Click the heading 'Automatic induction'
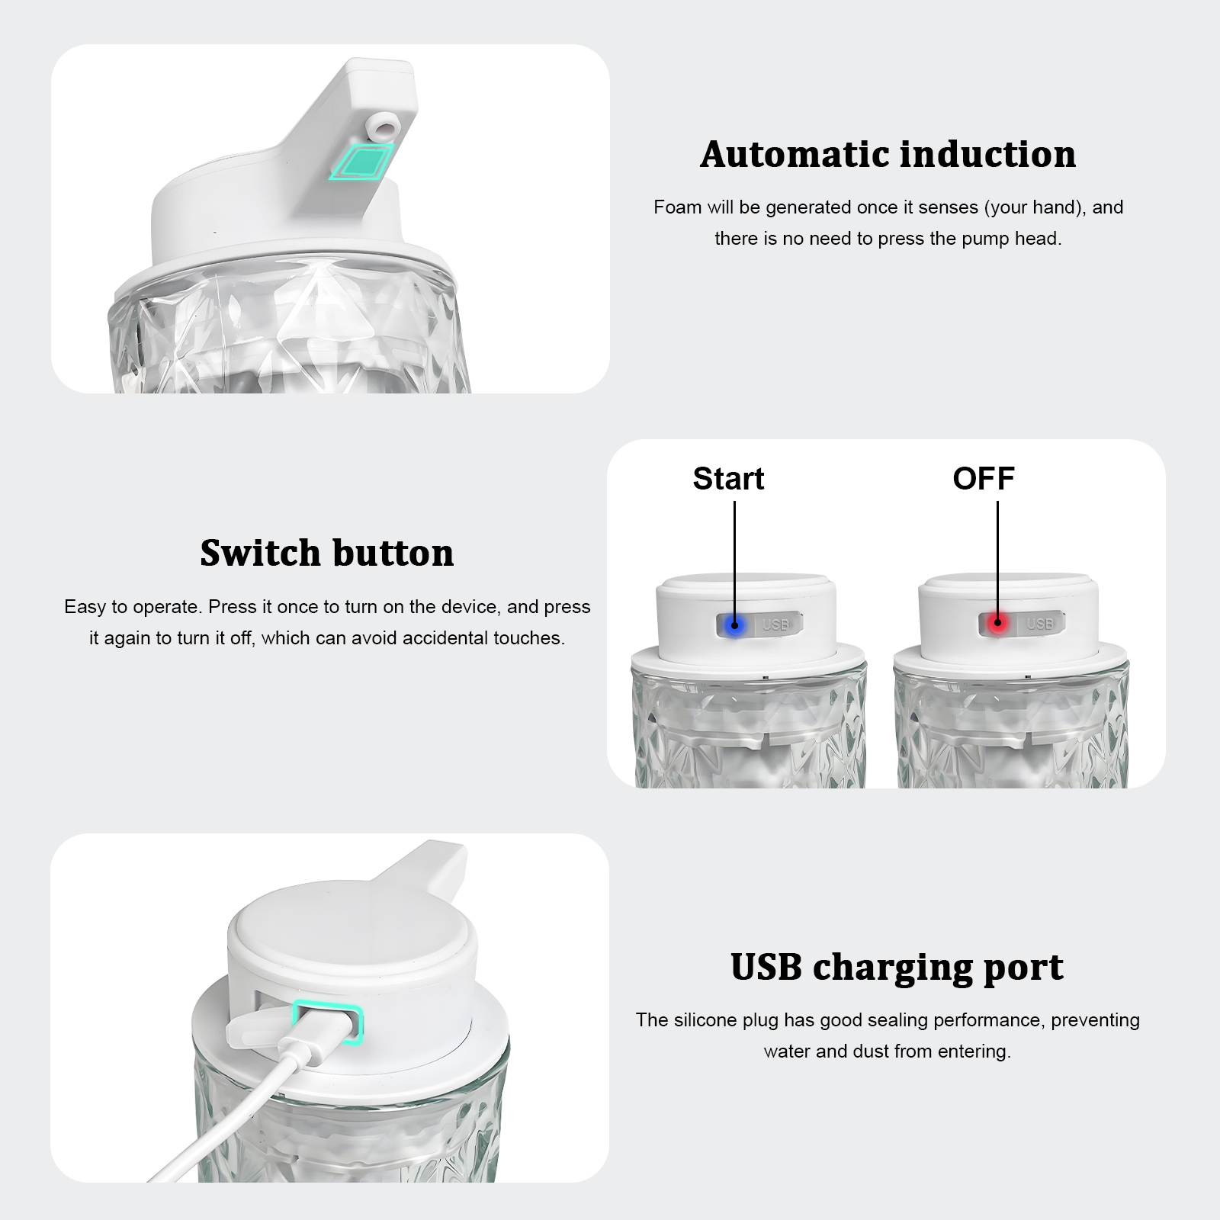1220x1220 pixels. tap(888, 154)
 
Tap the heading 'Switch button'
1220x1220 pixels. tap(327, 553)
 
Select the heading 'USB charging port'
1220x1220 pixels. tap(897, 968)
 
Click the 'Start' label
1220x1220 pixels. tap(728, 479)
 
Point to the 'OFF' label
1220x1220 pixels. tap(984, 479)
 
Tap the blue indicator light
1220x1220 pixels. tap(734, 625)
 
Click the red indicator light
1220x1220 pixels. tap(997, 624)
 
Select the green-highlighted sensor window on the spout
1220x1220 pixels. tap(361, 162)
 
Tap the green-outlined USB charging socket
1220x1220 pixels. tap(328, 1023)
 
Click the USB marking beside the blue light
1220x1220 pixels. tap(776, 625)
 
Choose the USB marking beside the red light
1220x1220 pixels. tap(1040, 624)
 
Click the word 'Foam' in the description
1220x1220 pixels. tap(677, 207)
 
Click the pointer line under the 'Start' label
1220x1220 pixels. tap(734, 562)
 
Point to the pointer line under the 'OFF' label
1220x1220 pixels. tap(997, 561)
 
